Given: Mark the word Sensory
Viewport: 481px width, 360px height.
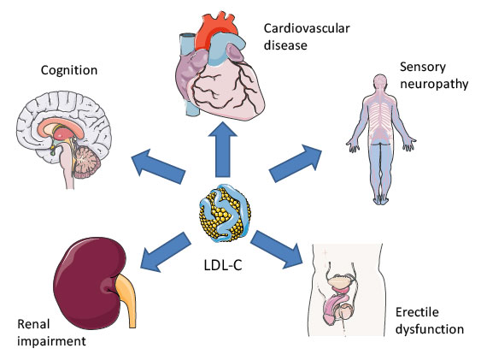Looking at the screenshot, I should tap(420, 67).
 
